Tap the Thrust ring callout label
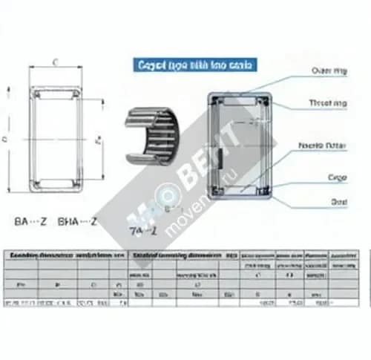coord(326,103)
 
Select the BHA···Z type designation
coord(77,220)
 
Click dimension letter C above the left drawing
coord(56,62)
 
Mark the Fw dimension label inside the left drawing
coord(99,139)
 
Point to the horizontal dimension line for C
coord(56,69)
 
